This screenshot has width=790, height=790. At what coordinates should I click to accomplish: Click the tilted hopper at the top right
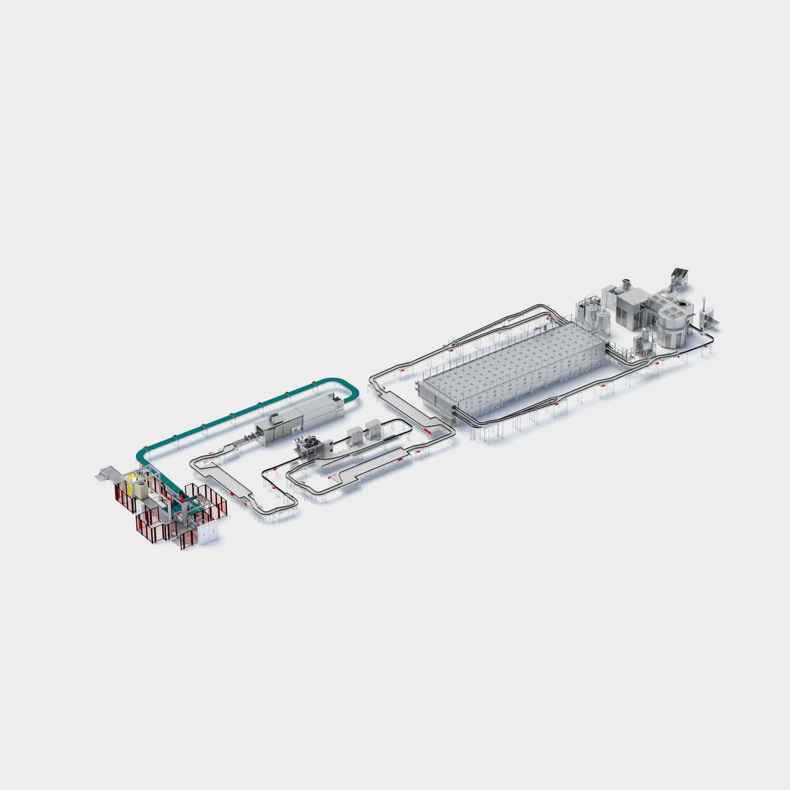click(677, 277)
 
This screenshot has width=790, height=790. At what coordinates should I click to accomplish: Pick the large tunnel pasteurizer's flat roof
click(516, 363)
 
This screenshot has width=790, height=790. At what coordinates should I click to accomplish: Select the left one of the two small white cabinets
click(355, 433)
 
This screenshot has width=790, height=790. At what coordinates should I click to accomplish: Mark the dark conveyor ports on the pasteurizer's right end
click(611, 347)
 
